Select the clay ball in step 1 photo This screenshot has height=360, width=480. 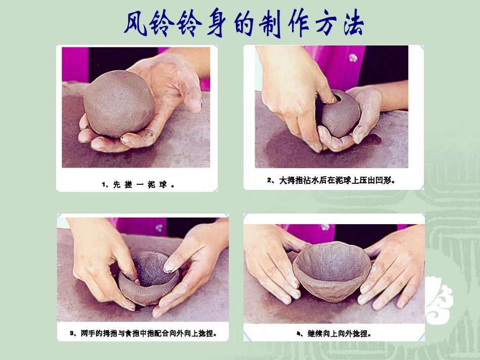pyautogui.click(x=119, y=104)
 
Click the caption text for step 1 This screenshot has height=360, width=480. pyautogui.click(x=137, y=185)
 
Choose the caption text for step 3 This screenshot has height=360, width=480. pyautogui.click(x=143, y=333)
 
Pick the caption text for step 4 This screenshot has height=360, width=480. pyautogui.click(x=334, y=333)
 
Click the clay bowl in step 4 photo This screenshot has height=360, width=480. pyautogui.click(x=331, y=270)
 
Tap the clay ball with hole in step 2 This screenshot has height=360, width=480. pyautogui.click(x=338, y=114)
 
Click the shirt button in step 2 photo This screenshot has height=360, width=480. pyautogui.click(x=353, y=58)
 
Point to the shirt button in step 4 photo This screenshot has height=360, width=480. pyautogui.click(x=325, y=227)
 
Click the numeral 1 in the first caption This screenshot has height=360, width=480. pyautogui.click(x=103, y=185)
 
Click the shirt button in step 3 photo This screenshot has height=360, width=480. pyautogui.click(x=160, y=228)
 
